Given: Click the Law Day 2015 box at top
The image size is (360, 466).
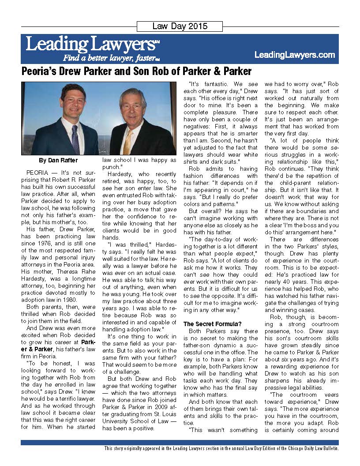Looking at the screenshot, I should point(180,26).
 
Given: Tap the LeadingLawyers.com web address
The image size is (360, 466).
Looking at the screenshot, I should point(295,55).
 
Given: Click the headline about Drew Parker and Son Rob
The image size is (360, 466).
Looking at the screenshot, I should point(137,71).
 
